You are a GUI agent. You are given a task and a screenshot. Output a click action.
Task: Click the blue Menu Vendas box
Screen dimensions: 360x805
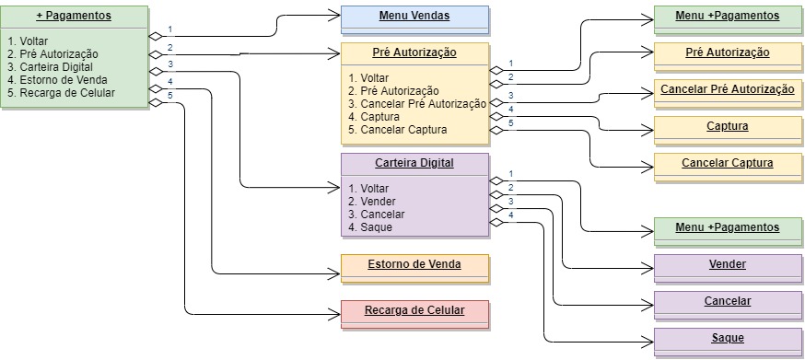pyautogui.click(x=414, y=17)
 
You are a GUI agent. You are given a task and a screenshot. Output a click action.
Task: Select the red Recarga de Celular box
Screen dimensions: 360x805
pyautogui.click(x=414, y=311)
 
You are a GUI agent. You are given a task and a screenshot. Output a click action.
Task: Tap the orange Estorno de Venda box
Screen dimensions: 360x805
pyautogui.click(x=414, y=265)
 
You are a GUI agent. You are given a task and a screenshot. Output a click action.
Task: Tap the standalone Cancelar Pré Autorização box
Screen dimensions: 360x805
pyautogui.click(x=728, y=90)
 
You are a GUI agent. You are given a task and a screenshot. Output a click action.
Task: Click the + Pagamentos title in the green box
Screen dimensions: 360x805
pyautogui.click(x=74, y=17)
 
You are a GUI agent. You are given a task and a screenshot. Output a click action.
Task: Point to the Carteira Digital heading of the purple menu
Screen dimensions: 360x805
pyautogui.click(x=414, y=163)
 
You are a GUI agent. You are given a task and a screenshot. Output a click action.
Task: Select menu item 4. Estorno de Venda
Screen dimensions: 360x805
pyautogui.click(x=61, y=80)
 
